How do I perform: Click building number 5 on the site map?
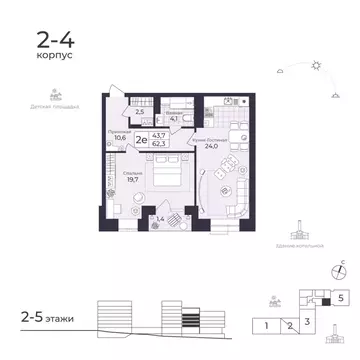click(x=341, y=297)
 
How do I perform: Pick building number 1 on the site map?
click(x=268, y=325)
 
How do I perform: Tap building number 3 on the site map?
click(x=309, y=320)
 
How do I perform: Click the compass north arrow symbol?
click(x=339, y=267)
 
